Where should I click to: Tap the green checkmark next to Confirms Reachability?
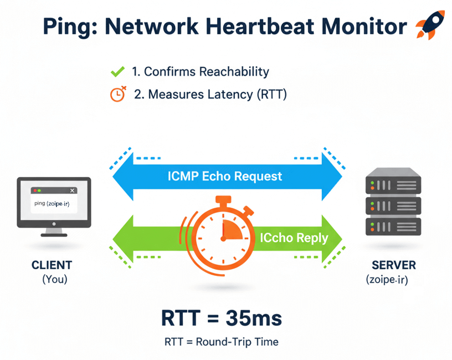117,71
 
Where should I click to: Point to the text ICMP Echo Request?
225,177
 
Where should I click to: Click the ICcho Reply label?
294,238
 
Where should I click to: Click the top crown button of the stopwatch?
223,200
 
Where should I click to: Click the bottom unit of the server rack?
393,226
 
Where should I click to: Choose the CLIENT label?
52,265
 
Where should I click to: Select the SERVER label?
393,265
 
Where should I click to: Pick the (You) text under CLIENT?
54,280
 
